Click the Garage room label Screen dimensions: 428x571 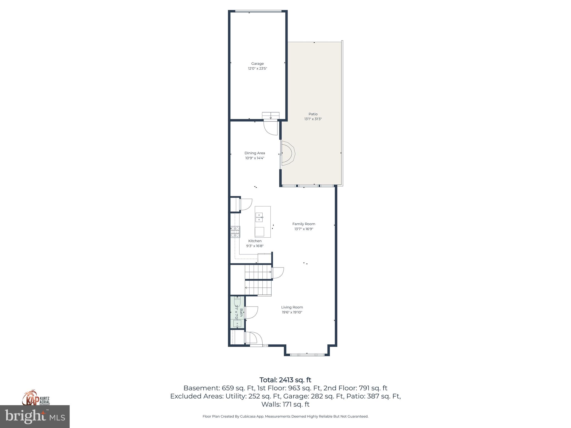257,64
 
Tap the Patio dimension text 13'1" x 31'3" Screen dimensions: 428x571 313,119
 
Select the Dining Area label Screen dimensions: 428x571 255,153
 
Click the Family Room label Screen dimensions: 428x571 304,224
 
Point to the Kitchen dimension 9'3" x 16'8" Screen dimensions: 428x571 255,246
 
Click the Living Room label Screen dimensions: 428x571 292,307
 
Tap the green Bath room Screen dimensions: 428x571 237,312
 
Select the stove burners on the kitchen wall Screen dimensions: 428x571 235,232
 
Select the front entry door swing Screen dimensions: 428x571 254,338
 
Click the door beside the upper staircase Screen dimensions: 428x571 278,273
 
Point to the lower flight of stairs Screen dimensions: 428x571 258,288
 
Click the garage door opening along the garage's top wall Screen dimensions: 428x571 258,11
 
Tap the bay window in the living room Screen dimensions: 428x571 307,355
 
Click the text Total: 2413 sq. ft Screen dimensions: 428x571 285,380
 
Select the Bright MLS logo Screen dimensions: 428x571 35,417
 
